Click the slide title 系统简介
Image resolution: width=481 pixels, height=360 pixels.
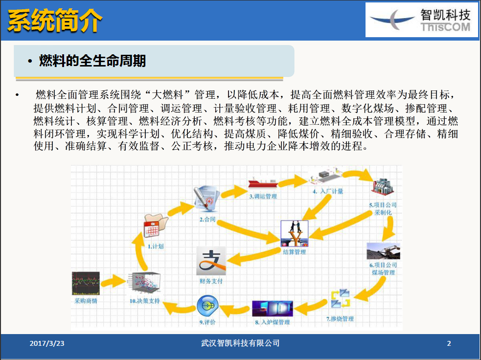tap(55, 21)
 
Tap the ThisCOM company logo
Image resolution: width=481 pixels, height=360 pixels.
tap(421, 20)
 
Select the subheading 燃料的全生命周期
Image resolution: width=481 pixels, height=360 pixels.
tap(92, 61)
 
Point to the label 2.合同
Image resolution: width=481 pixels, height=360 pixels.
tap(208, 220)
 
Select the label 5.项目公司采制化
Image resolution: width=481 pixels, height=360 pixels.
tap(383, 209)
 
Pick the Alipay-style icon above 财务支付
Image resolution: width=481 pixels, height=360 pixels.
tap(211, 261)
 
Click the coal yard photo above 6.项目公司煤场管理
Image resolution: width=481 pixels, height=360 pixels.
tap(383, 251)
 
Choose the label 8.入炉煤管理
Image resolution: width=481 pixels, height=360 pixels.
tap(272, 322)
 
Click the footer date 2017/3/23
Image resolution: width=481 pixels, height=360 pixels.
tap(47, 343)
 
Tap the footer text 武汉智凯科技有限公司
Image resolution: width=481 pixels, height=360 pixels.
tap(240, 343)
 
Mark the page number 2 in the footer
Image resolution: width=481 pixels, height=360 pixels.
tap(449, 343)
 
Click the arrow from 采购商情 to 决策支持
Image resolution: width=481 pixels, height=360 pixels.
tap(114, 280)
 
